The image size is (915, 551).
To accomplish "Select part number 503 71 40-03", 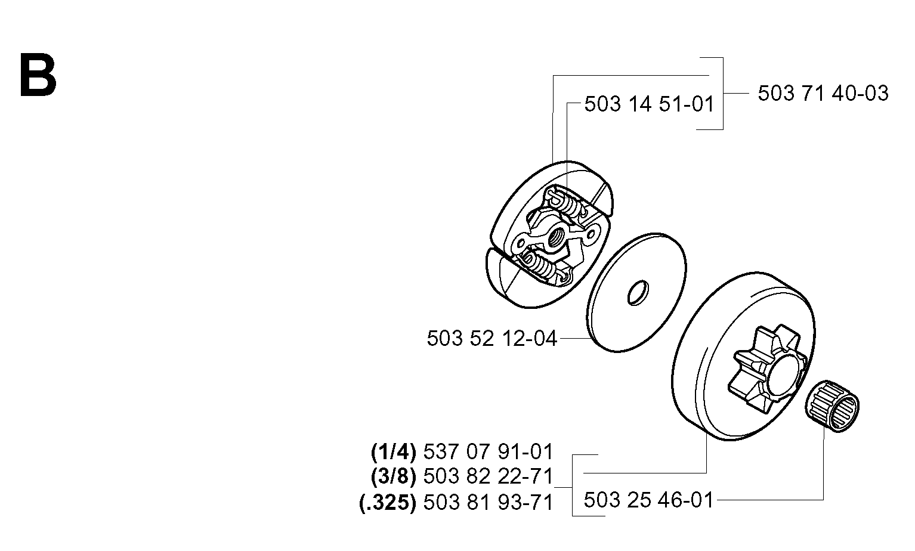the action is point(823,94).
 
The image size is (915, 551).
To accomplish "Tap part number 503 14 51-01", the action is point(649,104).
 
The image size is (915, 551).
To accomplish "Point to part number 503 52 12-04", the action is point(492,339).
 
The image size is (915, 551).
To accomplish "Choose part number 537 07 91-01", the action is point(488,452).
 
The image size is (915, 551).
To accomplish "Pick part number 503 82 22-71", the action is point(488,476).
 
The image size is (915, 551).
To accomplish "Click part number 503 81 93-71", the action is point(488,502).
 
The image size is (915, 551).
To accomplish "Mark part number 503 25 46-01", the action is point(648,500).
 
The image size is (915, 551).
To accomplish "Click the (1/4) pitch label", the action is point(393,452).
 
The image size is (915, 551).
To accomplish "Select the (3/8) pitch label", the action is point(393,477).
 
